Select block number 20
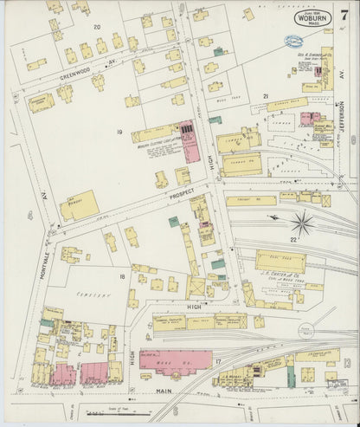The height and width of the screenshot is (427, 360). click(97, 29)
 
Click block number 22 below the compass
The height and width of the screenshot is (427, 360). click(293, 239)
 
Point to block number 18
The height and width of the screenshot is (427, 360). click(122, 277)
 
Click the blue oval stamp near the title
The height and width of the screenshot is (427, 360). click(295, 41)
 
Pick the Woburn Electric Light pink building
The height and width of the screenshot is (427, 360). click(189, 141)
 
